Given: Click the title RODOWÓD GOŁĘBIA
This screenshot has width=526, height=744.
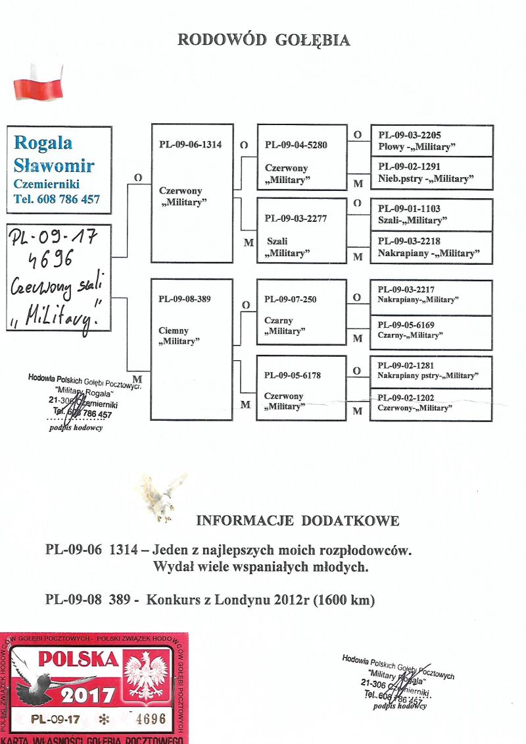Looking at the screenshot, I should coord(264,40).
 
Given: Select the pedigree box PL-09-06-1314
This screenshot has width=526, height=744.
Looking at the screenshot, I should coord(192,192).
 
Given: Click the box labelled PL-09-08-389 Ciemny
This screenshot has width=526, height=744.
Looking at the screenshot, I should coord(191,349).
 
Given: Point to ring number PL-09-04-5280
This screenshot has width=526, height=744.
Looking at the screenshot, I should coord(296,145).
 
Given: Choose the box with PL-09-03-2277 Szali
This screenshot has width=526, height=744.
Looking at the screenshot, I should coord(302,230).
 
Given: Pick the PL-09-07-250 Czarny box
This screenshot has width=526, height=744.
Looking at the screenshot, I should coord(302,312).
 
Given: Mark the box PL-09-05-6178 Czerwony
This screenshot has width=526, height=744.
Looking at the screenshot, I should coord(302,388).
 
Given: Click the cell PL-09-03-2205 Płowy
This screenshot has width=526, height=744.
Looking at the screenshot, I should coord(431,140).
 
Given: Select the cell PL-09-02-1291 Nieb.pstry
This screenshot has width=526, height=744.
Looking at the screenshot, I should coord(431,173).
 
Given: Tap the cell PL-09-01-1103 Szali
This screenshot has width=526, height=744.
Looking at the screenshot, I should coord(431,215).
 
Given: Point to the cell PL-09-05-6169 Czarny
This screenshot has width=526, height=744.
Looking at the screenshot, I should coord(431,332).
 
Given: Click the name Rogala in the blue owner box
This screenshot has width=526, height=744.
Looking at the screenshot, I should coord(43,142).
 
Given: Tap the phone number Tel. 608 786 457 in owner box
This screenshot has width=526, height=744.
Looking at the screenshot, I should coord(57,199).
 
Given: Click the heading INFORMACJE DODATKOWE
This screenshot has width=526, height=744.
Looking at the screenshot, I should coord(297,521).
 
